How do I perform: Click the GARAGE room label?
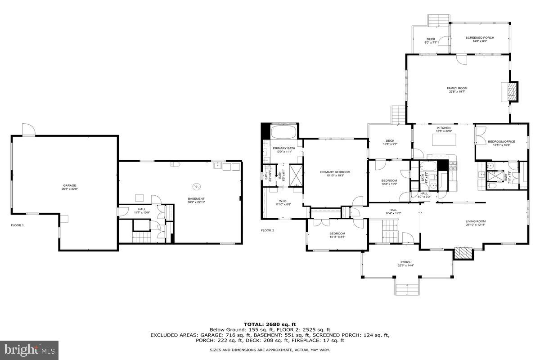70,185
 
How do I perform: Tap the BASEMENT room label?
196,198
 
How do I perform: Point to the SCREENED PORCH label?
480,38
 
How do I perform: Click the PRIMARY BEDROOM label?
335,172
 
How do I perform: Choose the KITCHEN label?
443,128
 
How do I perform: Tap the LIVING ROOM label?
475,221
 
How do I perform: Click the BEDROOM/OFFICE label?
501,142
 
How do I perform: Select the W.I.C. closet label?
283,201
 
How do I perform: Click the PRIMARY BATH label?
283,148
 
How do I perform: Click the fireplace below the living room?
463,253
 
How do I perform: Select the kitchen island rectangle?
444,140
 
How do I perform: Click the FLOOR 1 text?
18,225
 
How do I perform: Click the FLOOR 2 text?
267,230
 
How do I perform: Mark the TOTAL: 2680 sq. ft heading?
270,324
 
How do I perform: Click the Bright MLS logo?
29,349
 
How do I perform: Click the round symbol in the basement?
196,186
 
